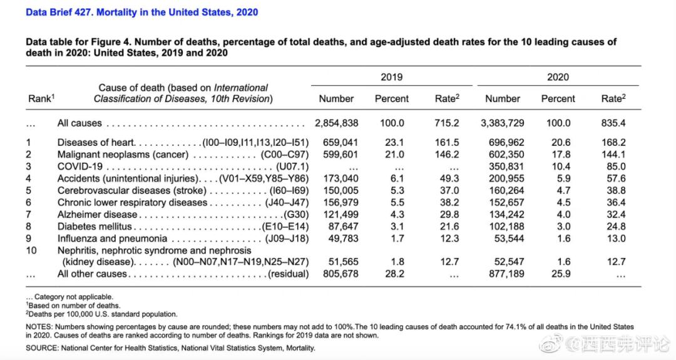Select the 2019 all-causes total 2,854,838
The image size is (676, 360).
(336, 123)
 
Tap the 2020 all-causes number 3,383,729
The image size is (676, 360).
(502, 123)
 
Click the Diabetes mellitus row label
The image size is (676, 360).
(95, 226)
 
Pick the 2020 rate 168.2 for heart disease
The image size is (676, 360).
(613, 143)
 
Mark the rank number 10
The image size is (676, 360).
(31, 250)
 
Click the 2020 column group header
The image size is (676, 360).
(558, 77)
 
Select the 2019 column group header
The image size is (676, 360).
(392, 77)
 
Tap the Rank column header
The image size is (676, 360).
(41, 99)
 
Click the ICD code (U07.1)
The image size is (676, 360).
(292, 167)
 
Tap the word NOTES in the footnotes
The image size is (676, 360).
(38, 327)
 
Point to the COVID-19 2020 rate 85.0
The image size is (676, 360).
(616, 167)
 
